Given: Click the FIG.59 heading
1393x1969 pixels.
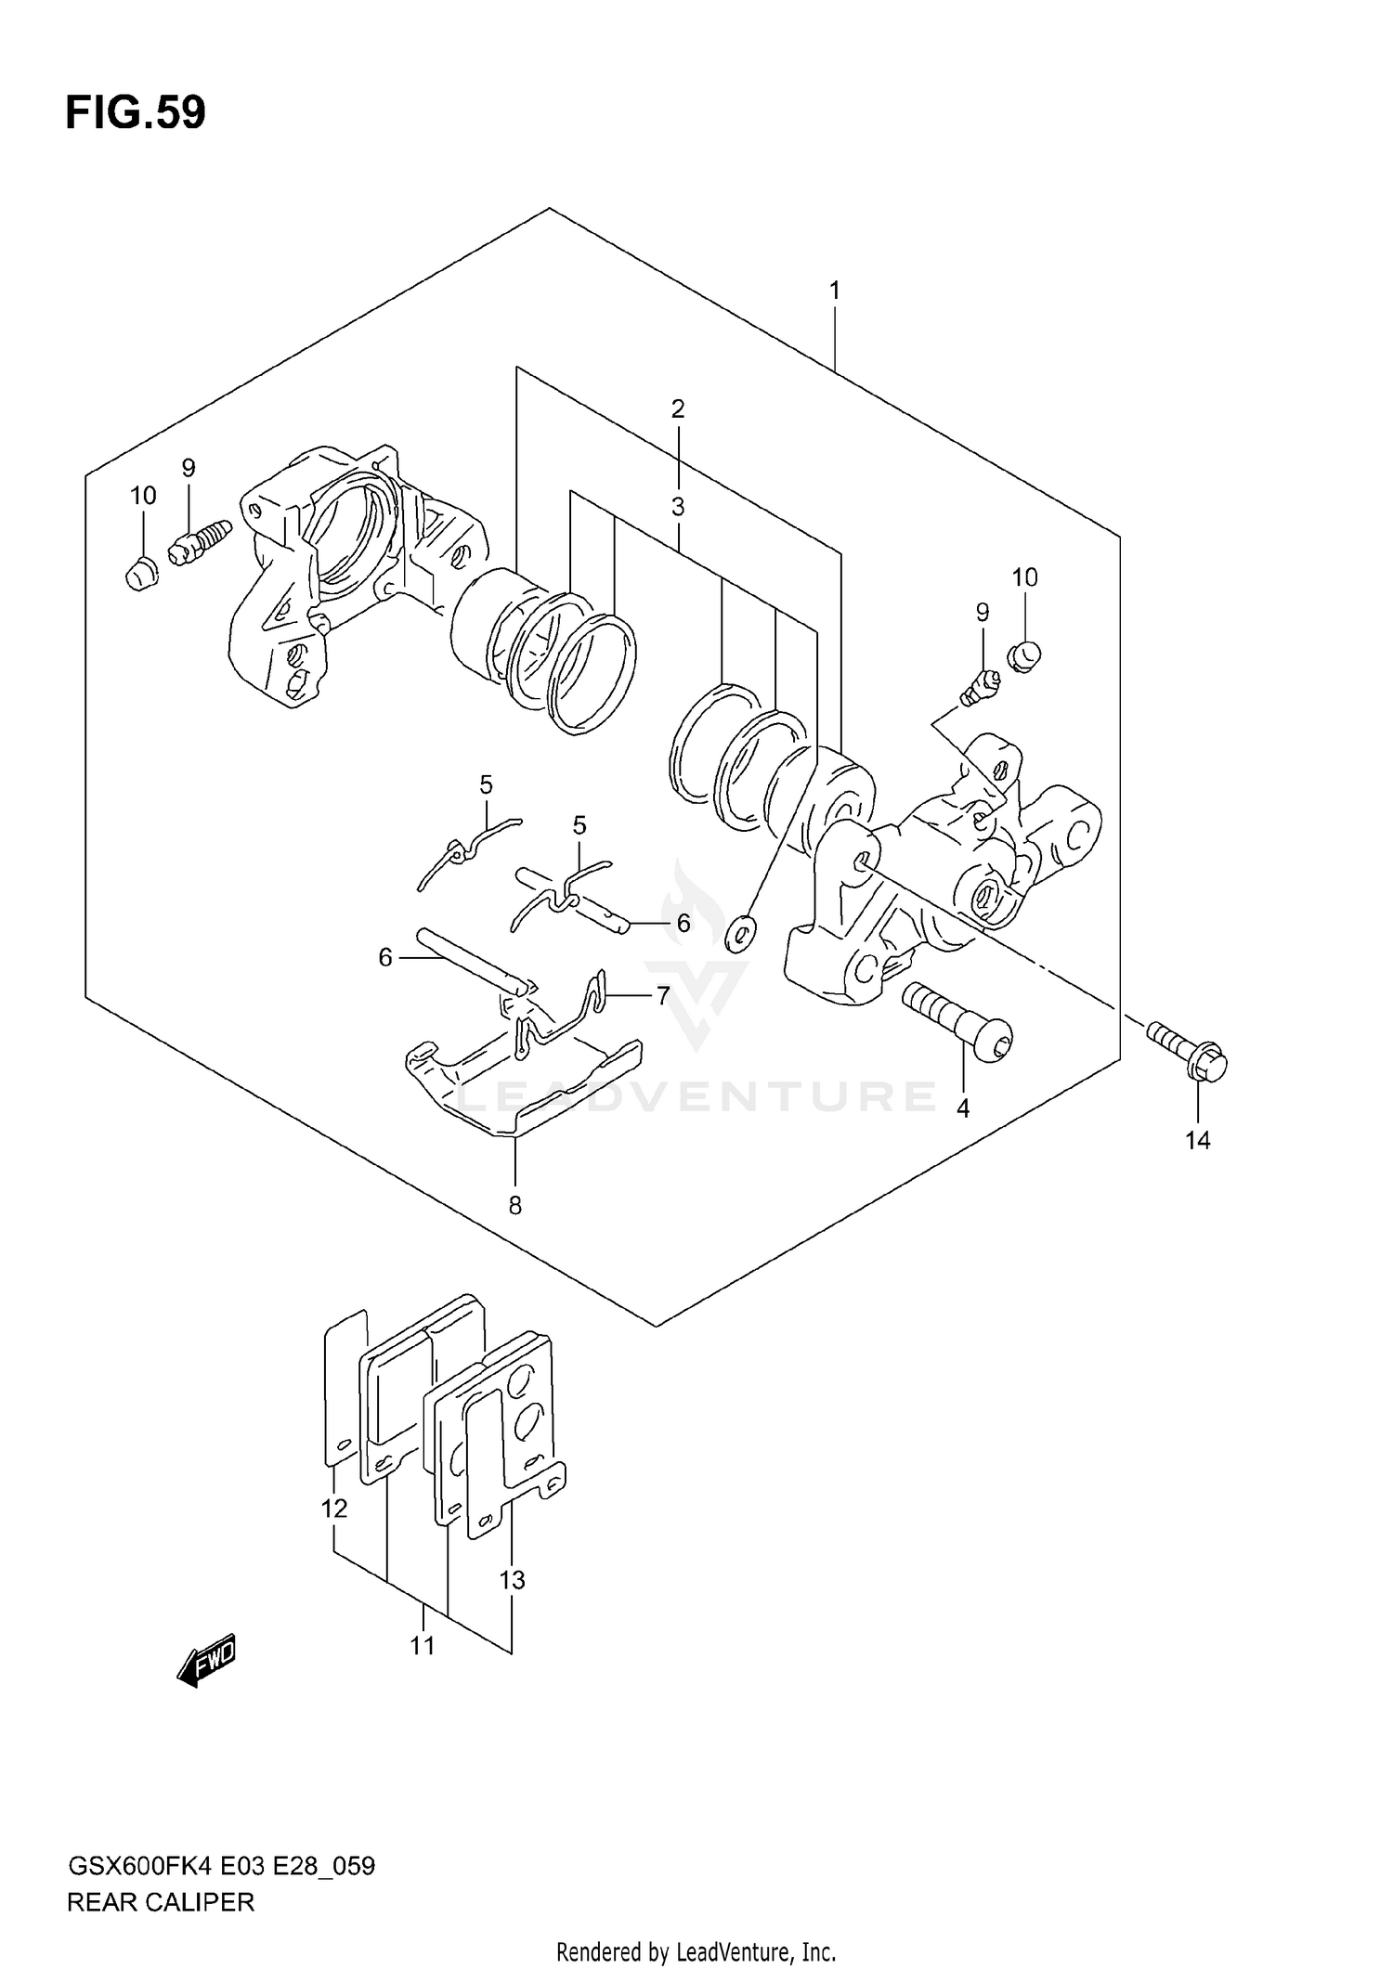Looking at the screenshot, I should coord(136,113).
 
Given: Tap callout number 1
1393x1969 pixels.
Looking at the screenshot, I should coord(834,291).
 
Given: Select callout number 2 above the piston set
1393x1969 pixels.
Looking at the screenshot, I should coord(678,408).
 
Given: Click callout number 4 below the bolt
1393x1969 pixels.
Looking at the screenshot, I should coord(963,1108).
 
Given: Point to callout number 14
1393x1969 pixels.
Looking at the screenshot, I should coord(1198,1140).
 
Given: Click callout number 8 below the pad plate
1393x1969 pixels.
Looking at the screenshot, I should coord(514,1205).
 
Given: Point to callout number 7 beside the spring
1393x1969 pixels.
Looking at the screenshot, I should coord(663,996).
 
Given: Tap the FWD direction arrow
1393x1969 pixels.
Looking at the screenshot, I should coord(207,1657).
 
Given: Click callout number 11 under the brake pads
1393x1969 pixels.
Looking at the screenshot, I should coord(423,1646).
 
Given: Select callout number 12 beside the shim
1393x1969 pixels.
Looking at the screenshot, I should coord(334,1509).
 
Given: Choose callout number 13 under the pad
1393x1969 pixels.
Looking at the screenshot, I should coord(512,1579).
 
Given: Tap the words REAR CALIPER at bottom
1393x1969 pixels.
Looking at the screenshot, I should coord(160,1902).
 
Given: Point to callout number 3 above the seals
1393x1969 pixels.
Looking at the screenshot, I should coord(678,507).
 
